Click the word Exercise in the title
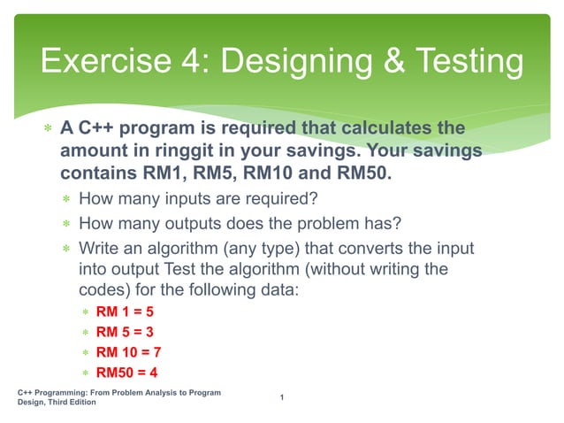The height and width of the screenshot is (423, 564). pyautogui.click(x=98, y=62)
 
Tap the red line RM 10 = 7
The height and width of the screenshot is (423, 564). pyautogui.click(x=128, y=353)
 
